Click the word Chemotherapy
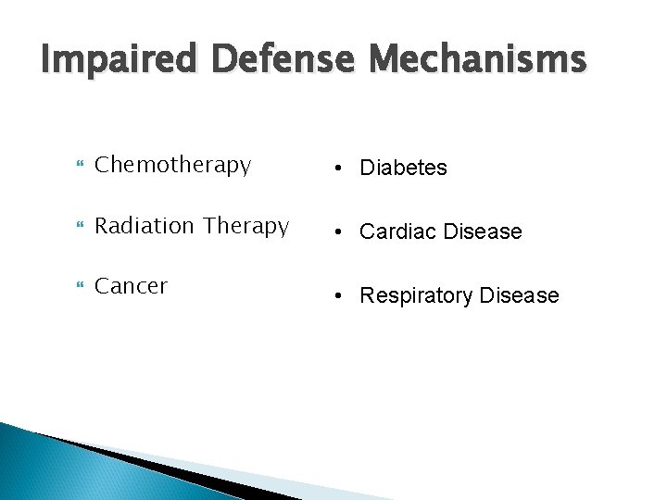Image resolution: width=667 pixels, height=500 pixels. (x=173, y=166)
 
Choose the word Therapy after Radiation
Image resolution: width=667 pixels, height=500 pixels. (x=246, y=227)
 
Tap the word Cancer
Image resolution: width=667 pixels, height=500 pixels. (x=132, y=287)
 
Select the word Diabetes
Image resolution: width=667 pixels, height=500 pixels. (x=403, y=168)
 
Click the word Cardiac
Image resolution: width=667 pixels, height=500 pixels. (x=397, y=231)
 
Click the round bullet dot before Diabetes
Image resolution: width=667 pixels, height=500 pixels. (x=343, y=168)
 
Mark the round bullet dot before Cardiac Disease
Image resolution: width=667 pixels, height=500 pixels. (x=343, y=231)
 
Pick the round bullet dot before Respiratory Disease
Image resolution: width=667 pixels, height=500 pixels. (x=343, y=296)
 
